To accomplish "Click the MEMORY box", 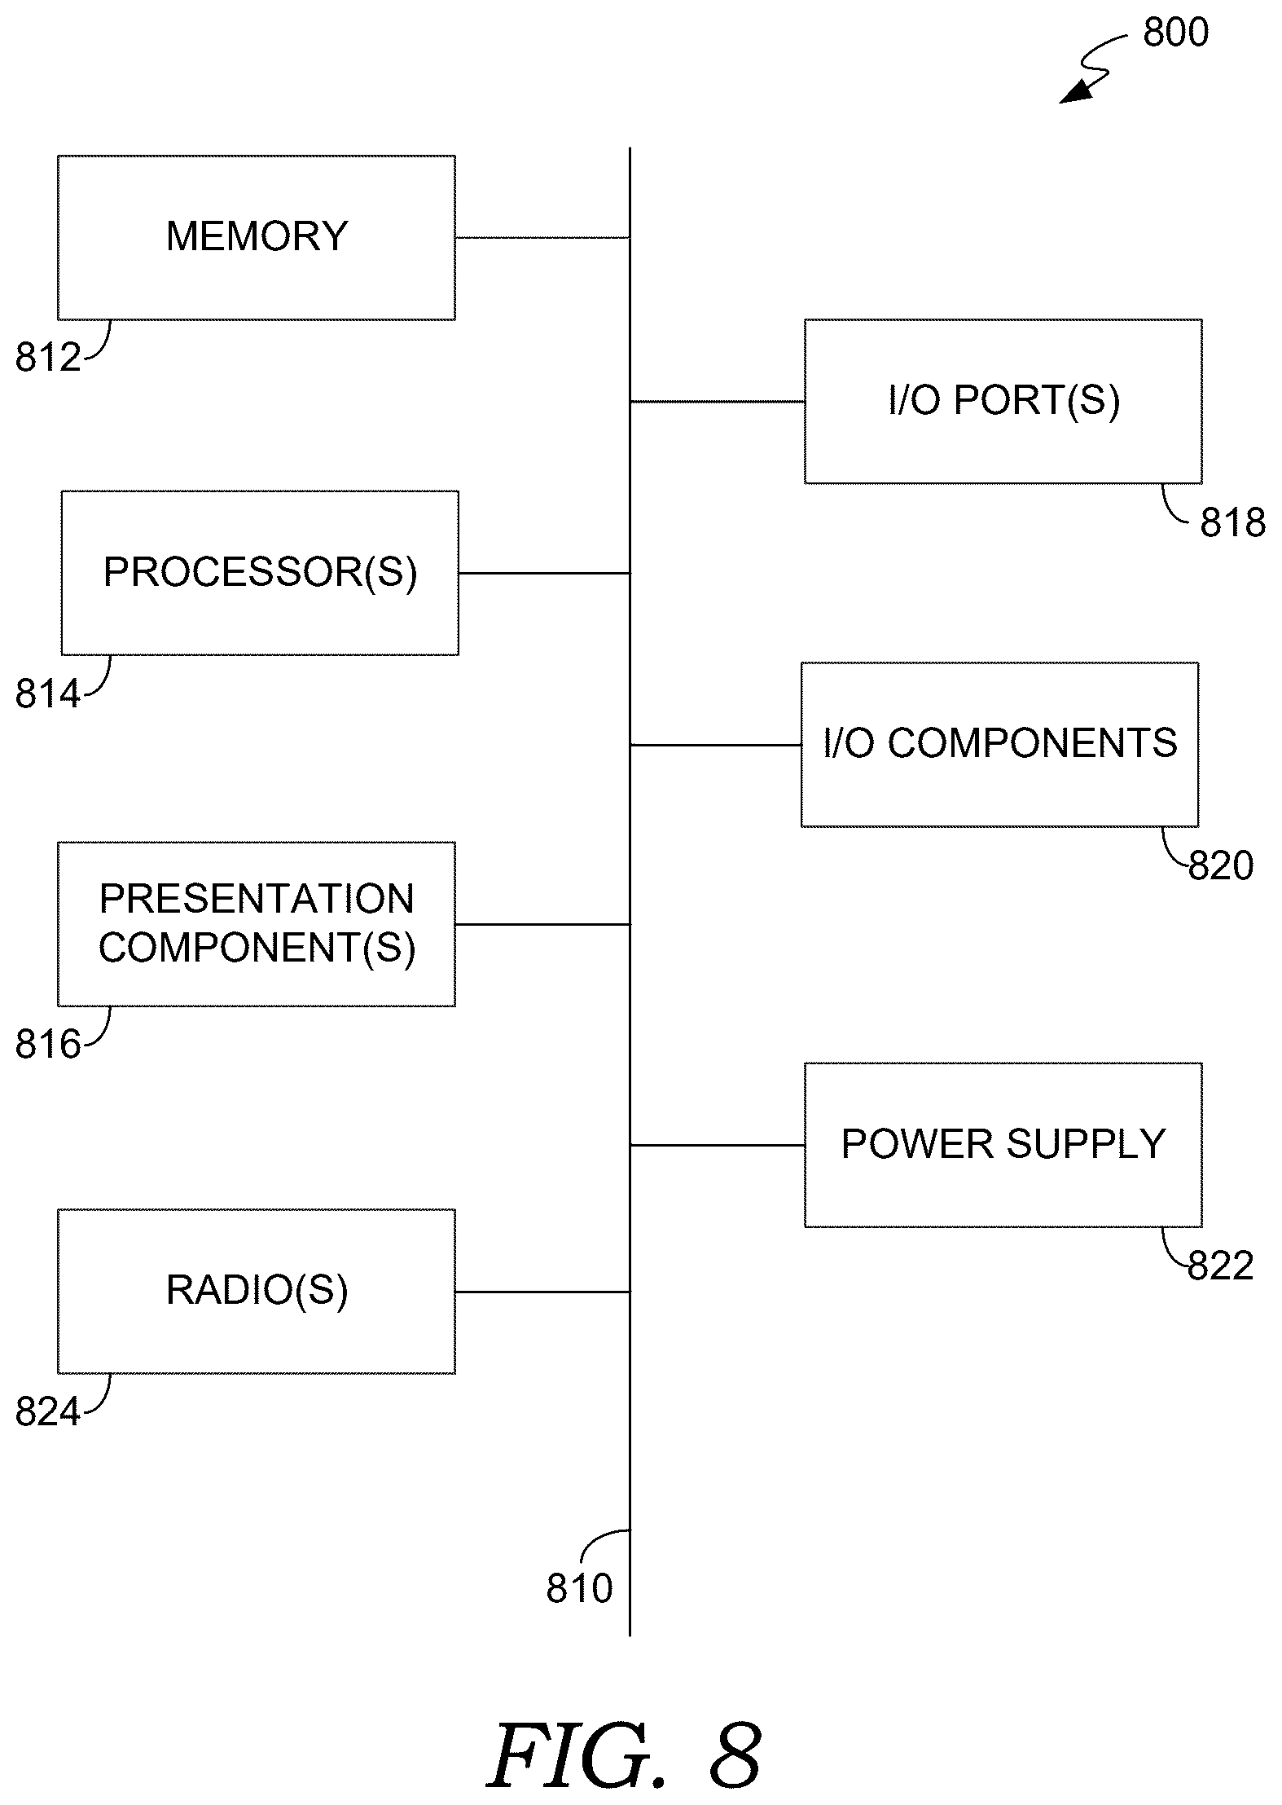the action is pos(257,237).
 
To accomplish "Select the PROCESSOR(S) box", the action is pos(260,573).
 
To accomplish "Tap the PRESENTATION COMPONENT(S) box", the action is pos(257,924).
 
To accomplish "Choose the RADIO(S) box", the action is pos(257,1292).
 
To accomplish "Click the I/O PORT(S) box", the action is pos(1003,402).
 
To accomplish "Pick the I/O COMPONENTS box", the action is pos(1000,745).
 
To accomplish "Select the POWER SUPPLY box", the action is pos(1003,1145).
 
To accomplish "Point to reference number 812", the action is pos(48,358).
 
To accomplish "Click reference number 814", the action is pos(48,694).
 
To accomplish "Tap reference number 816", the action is pos(48,1045).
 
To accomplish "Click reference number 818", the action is pos(1233,522).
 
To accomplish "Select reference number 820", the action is pos(1221,865).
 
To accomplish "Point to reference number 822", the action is pos(1221,1266).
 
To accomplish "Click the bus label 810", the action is pos(579,1588).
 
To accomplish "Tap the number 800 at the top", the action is pos(1176,33).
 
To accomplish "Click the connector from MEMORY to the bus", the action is pos(542,238).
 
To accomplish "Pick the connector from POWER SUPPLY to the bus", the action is pos(718,1145).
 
